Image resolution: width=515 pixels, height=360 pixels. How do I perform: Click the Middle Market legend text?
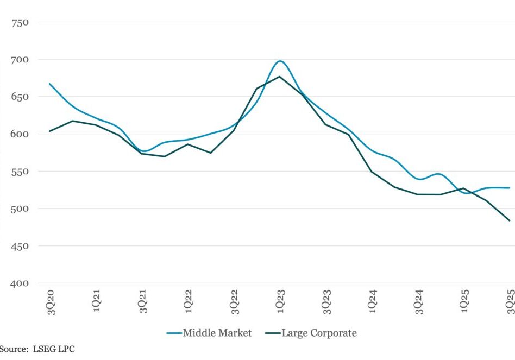[x=217, y=333]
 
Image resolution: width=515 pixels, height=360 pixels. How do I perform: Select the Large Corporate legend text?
[x=319, y=333]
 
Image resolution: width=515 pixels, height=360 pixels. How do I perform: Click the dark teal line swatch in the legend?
[x=268, y=333]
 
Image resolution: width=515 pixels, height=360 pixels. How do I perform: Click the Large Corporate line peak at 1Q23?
[x=279, y=77]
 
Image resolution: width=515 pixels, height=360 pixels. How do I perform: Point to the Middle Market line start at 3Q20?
[x=49, y=84]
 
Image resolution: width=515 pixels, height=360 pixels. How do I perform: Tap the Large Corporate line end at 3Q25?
[x=510, y=220]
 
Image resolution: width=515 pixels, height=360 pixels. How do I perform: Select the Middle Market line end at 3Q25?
[x=510, y=188]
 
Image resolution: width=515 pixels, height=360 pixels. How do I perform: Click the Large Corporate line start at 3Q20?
[x=49, y=131]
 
